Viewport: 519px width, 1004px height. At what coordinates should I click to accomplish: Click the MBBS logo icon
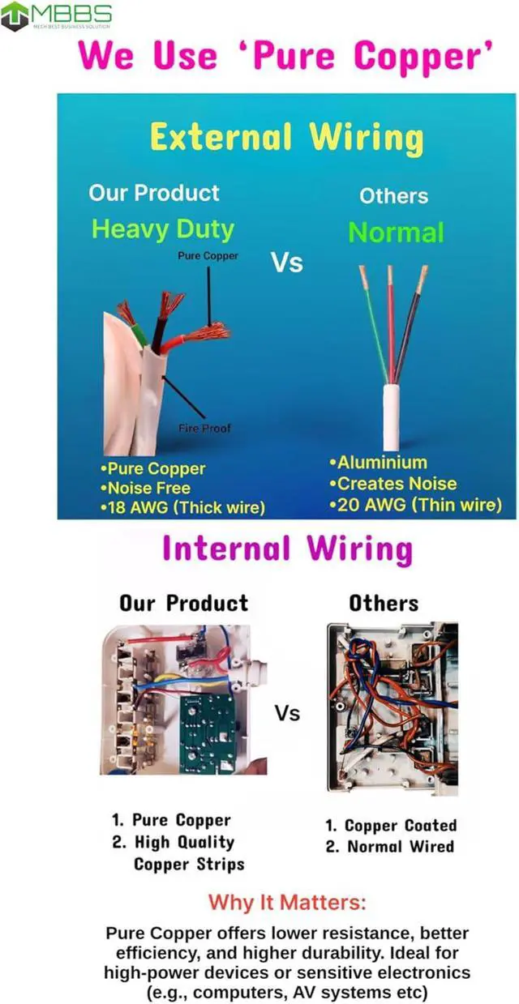click(x=15, y=16)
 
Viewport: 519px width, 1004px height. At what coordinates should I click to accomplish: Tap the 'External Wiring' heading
click(x=286, y=137)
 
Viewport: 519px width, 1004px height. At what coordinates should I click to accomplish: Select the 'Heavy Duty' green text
click(x=162, y=229)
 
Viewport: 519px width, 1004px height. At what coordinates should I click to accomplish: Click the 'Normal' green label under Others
click(x=396, y=233)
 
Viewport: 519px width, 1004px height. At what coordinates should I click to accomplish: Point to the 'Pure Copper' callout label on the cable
click(x=208, y=256)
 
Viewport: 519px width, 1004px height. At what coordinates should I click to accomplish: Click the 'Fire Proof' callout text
click(x=204, y=428)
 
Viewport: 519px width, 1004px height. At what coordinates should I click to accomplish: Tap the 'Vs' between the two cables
click(x=286, y=263)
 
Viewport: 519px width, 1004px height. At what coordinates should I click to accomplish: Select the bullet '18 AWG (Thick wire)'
click(x=183, y=508)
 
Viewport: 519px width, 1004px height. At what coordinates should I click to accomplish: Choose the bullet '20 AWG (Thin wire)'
click(x=415, y=505)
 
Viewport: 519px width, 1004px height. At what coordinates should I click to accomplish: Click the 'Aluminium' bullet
click(x=378, y=463)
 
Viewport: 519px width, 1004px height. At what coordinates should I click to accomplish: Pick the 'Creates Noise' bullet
click(x=392, y=484)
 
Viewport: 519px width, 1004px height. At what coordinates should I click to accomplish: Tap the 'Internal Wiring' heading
click(x=287, y=549)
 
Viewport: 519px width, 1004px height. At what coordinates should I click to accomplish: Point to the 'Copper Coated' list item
click(x=391, y=826)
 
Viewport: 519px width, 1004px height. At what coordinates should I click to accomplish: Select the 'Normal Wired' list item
click(x=391, y=847)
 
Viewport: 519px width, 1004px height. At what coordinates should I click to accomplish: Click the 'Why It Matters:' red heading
click(x=287, y=902)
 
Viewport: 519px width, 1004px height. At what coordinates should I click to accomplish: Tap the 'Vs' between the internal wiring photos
click(x=287, y=713)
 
